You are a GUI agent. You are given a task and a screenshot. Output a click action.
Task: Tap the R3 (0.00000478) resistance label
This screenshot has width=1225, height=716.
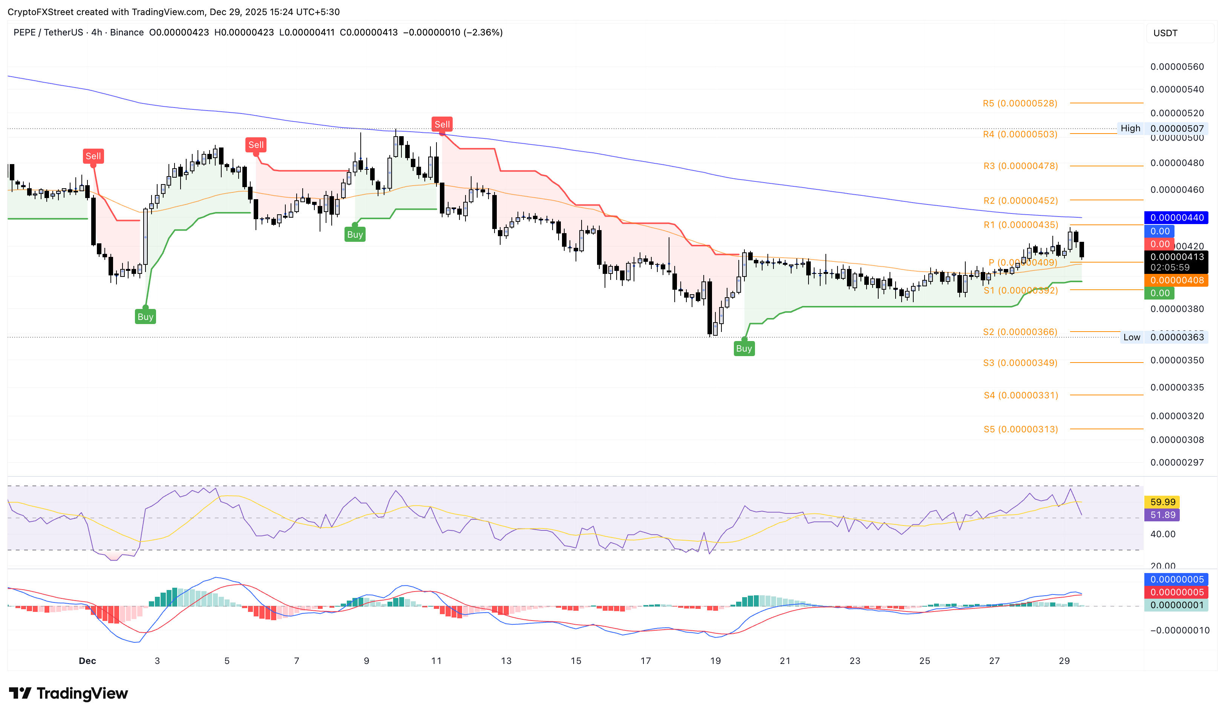click(x=1020, y=166)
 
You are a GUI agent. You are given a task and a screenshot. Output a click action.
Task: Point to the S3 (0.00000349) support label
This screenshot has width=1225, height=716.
click(x=1020, y=363)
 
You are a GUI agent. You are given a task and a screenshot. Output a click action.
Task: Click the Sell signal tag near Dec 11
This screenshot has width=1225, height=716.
click(x=442, y=124)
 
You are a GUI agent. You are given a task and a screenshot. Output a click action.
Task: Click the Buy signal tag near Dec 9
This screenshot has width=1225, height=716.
click(x=355, y=234)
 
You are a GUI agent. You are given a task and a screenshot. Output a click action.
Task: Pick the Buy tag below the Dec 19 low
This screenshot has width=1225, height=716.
click(x=744, y=348)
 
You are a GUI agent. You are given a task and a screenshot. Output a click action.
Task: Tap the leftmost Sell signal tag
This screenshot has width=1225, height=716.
click(x=93, y=156)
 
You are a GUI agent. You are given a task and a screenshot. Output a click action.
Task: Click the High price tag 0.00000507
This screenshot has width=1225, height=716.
click(x=1177, y=128)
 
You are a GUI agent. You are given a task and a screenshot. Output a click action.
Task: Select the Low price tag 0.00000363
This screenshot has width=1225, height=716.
click(x=1177, y=338)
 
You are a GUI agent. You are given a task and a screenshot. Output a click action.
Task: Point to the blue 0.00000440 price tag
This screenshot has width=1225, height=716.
click(x=1176, y=217)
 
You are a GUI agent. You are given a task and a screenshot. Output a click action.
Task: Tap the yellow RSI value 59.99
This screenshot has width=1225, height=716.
click(x=1162, y=502)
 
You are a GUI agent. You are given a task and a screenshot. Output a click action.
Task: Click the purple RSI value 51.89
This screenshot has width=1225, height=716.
click(x=1162, y=515)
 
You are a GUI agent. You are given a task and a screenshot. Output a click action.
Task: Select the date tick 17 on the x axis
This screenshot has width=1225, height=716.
click(x=646, y=661)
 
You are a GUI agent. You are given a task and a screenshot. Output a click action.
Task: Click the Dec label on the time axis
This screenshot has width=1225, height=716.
click(x=87, y=661)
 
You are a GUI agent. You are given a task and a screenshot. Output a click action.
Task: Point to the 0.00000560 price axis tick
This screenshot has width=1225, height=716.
click(x=1177, y=67)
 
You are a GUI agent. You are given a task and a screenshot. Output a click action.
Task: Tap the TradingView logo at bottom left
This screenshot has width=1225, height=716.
click(x=69, y=693)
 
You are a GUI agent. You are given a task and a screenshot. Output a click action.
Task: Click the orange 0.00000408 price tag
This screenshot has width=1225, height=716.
click(x=1176, y=280)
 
